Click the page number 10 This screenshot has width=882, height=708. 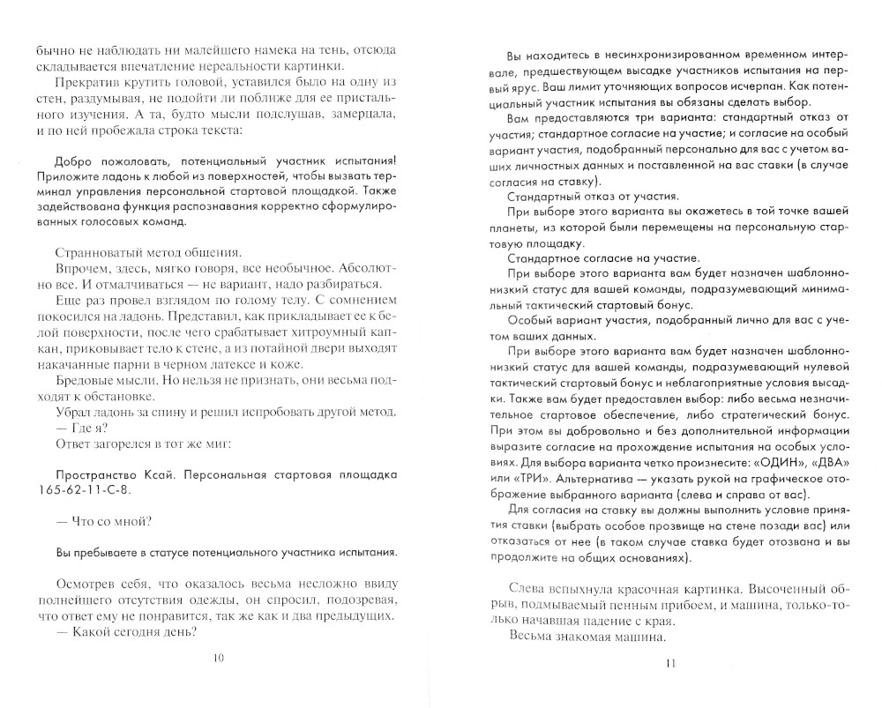219,658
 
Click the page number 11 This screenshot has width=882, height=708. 671,663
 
